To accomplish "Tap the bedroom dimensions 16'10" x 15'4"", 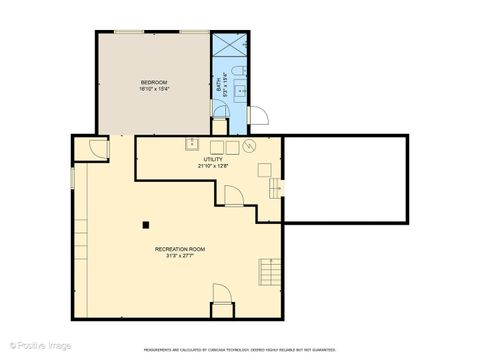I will pos(153,88).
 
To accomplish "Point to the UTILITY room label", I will pos(213,159).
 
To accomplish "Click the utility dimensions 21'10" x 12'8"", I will pos(213,166).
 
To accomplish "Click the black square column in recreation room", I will pos(145,223).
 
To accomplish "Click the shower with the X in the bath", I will pos(229,47).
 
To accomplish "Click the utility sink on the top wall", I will pos(190,144).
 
